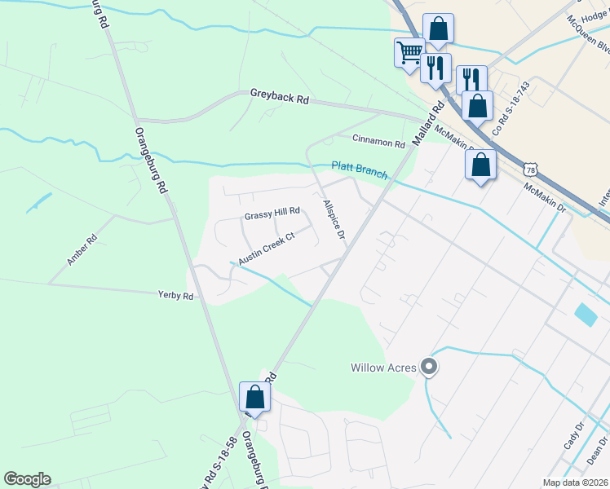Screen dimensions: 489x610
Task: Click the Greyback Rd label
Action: [280, 99]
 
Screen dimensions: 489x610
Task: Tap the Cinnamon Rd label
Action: [378, 143]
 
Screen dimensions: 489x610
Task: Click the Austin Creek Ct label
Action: [265, 249]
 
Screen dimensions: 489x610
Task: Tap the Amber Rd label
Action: [82, 250]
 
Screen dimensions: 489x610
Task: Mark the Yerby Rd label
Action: [176, 296]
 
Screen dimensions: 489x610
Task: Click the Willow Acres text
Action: [383, 368]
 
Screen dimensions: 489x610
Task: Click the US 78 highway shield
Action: [532, 169]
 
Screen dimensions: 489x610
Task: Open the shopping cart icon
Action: [409, 54]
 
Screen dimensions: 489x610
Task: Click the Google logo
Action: [27, 479]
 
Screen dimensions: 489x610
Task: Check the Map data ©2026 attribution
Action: [574, 482]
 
